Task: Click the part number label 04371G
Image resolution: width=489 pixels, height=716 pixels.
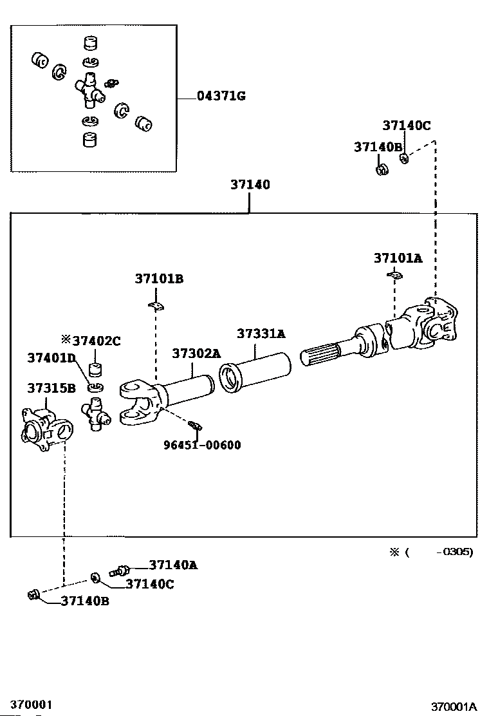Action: tap(221, 96)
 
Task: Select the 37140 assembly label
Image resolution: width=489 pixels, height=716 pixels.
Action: tap(250, 185)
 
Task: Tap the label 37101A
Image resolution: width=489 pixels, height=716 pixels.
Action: tap(398, 258)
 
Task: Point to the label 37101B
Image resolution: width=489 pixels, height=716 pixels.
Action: tap(159, 279)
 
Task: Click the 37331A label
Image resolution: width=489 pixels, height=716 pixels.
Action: tap(261, 334)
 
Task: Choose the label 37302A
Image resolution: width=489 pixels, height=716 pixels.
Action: tap(196, 353)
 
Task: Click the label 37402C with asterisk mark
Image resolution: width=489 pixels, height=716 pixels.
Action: tap(91, 341)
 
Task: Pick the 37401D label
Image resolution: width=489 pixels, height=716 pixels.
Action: tap(51, 357)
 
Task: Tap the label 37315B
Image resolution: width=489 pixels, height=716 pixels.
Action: tap(51, 388)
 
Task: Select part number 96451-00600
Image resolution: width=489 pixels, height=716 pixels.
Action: tap(202, 445)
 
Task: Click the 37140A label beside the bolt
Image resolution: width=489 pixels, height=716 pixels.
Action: tap(173, 565)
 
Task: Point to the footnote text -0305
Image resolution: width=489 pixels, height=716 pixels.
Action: tap(455, 552)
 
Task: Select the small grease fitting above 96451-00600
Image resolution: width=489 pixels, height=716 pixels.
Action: tap(195, 426)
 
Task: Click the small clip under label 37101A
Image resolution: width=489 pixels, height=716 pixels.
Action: tap(394, 275)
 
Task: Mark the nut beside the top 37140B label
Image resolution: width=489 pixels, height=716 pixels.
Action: tap(382, 170)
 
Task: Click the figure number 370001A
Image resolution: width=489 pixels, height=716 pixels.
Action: tap(454, 707)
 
